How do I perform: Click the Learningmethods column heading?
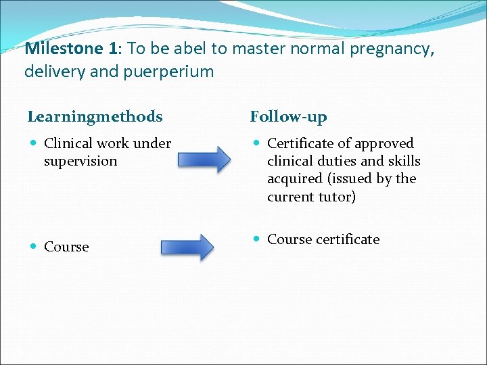[95, 117]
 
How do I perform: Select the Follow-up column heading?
[288, 117]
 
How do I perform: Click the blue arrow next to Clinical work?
[204, 160]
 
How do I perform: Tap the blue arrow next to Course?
[187, 247]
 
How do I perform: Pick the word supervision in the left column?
[80, 161]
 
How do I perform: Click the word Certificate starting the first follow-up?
[298, 143]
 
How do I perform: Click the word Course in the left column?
[66, 247]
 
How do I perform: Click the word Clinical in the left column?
[68, 143]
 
